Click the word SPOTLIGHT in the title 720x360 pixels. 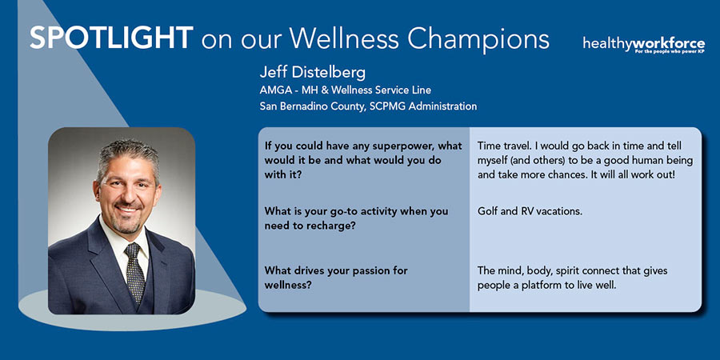(x=111, y=38)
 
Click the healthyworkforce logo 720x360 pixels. (x=644, y=46)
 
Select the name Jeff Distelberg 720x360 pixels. (x=312, y=73)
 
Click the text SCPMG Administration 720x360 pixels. (x=423, y=106)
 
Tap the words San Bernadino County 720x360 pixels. (x=312, y=107)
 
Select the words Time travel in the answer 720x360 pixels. (x=503, y=146)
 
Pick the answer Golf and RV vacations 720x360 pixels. (x=530, y=212)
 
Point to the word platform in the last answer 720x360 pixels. (x=541, y=285)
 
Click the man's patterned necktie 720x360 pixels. (x=135, y=270)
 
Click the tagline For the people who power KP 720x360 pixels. (x=670, y=52)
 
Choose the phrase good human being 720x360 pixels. (x=642, y=161)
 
